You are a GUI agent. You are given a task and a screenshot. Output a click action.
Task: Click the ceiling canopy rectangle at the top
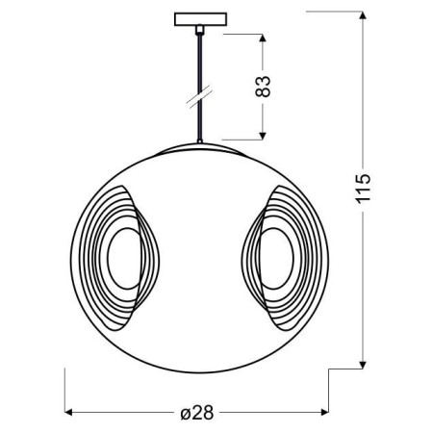pos(199,19)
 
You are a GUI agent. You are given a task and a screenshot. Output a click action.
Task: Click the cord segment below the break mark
pos(199,123)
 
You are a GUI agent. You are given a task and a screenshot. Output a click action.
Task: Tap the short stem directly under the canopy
pos(199,32)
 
